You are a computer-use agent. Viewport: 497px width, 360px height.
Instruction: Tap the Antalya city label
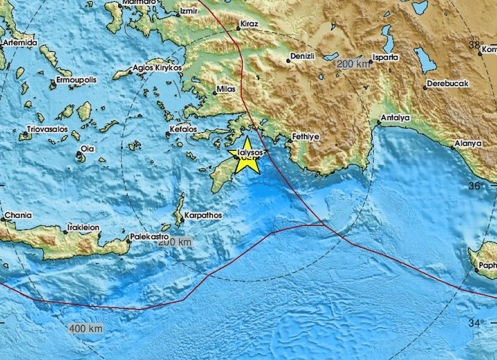coord(396,118)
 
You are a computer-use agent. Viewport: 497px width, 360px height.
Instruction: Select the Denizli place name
coord(303,56)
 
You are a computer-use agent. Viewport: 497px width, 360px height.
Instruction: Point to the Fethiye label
coord(306,136)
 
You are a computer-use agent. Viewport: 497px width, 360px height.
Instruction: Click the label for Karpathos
coord(203,216)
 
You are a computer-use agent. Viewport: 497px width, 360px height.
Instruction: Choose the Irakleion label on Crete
coord(83,227)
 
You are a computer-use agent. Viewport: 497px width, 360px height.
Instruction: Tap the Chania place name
coord(17,215)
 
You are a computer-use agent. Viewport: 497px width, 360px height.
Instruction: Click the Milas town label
coord(225,89)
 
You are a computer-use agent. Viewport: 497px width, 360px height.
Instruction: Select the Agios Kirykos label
coord(157,67)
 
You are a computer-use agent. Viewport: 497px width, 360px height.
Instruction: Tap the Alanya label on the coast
coord(466,143)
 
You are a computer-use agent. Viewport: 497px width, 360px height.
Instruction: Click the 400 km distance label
coord(86,329)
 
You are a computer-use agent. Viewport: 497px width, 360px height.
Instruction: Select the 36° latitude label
coord(475,186)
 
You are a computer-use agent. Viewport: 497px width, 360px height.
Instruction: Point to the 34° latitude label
coord(475,323)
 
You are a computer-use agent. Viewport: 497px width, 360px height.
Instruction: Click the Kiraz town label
coord(248,24)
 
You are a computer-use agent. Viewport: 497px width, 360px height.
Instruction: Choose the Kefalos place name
coord(183,129)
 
